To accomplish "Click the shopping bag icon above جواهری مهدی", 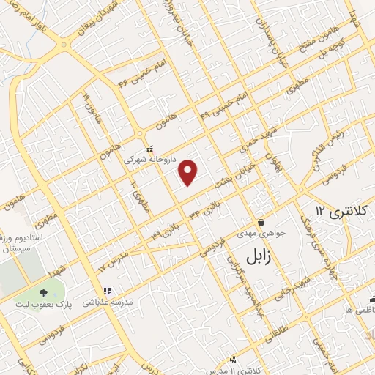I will pos(261,222).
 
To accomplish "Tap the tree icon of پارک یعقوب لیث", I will pos(60,284).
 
